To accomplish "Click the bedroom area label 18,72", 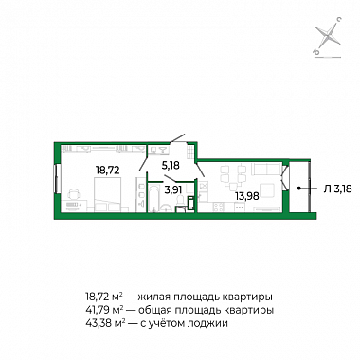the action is point(108,171).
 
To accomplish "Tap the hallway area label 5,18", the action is point(171,165).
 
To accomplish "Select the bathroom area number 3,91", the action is point(173,189).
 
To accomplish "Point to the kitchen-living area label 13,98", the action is point(247,196).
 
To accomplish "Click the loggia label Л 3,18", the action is point(337,189).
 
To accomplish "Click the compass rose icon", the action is point(329,35).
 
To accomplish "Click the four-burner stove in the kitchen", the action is point(219,207).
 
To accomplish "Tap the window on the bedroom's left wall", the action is point(57,178).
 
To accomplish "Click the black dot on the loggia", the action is point(298,189).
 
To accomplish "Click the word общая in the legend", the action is point(155,311).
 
